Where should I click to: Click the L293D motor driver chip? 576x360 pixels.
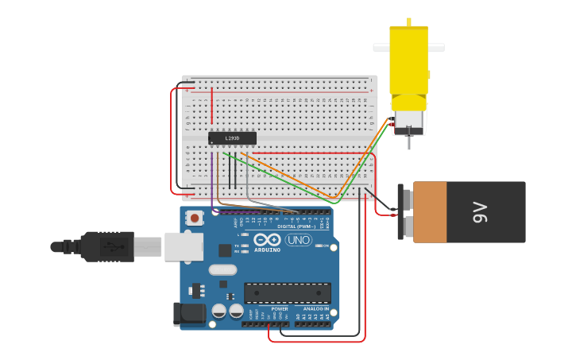[232, 138]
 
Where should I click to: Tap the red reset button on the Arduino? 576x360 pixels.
[195, 217]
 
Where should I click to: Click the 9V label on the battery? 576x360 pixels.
[479, 211]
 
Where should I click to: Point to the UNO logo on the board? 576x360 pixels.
[298, 240]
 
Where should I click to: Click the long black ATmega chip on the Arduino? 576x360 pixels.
[287, 292]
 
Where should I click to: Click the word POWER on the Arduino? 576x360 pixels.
[280, 308]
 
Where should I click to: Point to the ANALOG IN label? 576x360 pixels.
[315, 308]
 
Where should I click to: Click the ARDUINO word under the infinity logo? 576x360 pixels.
[268, 250]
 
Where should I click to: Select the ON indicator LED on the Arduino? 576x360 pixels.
[318, 246]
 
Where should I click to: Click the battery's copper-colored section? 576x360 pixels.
[430, 211]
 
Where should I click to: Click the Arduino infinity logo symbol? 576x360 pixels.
[268, 239]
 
